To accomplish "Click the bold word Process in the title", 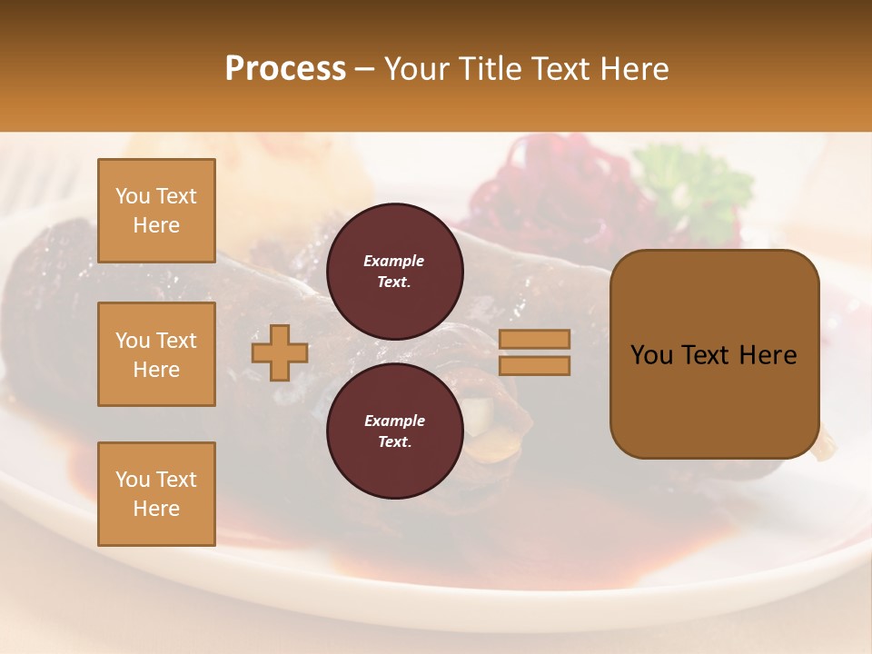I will [x=285, y=69].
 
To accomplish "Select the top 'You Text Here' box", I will [x=156, y=211].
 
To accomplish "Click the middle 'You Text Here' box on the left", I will [x=156, y=354].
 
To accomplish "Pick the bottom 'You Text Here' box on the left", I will [x=156, y=494].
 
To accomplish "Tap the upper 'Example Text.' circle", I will [x=394, y=271].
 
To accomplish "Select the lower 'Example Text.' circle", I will [x=394, y=431].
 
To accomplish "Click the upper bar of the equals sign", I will [x=534, y=339].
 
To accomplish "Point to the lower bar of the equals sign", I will [x=534, y=366].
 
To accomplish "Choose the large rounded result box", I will [x=714, y=354].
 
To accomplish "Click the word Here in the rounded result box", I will [x=768, y=355].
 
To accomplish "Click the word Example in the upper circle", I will [x=394, y=261].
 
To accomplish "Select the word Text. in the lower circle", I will [x=394, y=442].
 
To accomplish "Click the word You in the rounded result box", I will [x=651, y=355].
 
